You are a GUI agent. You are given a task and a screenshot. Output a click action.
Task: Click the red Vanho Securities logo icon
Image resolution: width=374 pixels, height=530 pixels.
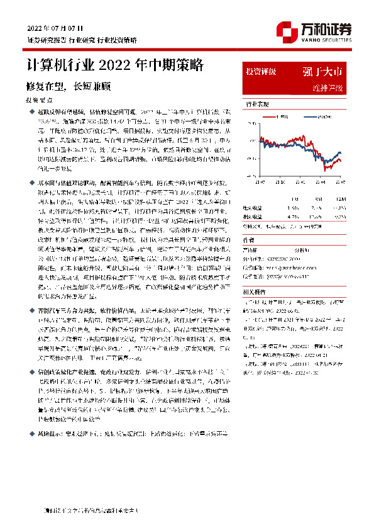click(x=286, y=30)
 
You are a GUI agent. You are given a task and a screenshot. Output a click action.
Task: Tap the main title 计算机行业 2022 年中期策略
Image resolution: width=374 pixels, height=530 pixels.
click(x=114, y=65)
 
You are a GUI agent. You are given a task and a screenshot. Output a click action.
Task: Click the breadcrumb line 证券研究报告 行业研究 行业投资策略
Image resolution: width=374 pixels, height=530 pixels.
click(x=81, y=40)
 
